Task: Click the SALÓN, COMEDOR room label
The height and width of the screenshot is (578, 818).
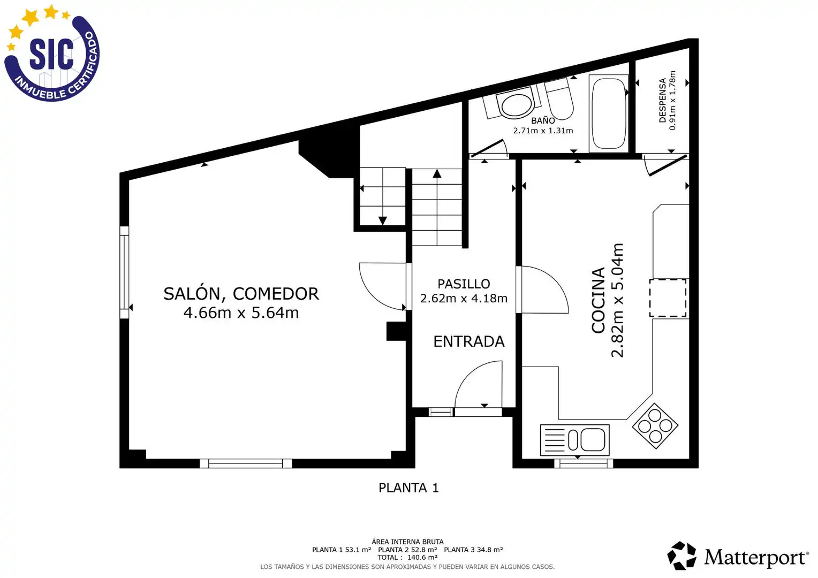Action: coord(241,294)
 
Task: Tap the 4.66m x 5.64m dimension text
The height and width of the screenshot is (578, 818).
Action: coord(241,313)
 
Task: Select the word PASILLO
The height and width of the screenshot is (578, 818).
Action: coord(464,284)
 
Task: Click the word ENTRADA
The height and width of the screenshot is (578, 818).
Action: coord(469,342)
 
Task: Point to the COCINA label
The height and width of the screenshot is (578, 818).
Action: coord(598,300)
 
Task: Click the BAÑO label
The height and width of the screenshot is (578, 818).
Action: coord(543,120)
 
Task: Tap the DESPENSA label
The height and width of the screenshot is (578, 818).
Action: coord(663,100)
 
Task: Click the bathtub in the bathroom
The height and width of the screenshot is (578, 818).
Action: coord(608,113)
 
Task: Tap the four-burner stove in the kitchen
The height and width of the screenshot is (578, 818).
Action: coord(655,426)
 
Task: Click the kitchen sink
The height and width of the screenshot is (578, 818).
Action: coord(575,439)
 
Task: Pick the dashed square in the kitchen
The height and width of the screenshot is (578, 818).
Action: coord(668,298)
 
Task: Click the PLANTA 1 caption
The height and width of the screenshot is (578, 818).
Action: coord(408,488)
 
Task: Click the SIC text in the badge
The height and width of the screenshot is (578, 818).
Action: coord(51,54)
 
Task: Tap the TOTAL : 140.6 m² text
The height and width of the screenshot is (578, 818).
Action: coord(407,558)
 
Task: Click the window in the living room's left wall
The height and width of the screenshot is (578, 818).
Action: coord(124,272)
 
